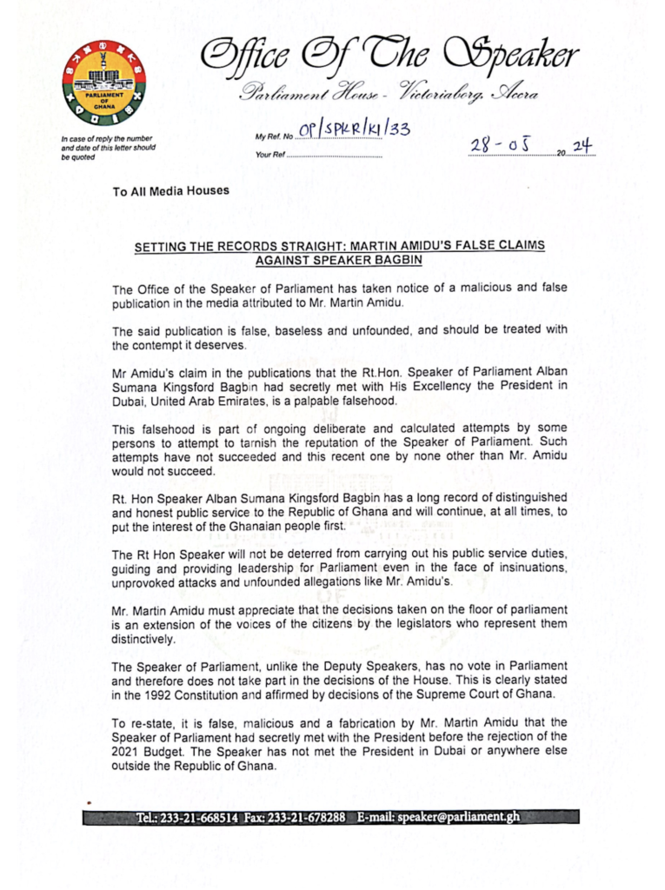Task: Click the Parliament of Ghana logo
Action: pyautogui.click(x=104, y=82)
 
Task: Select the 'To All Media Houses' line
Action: pyautogui.click(x=171, y=191)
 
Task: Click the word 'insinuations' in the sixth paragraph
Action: pyautogui.click(x=524, y=568)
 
